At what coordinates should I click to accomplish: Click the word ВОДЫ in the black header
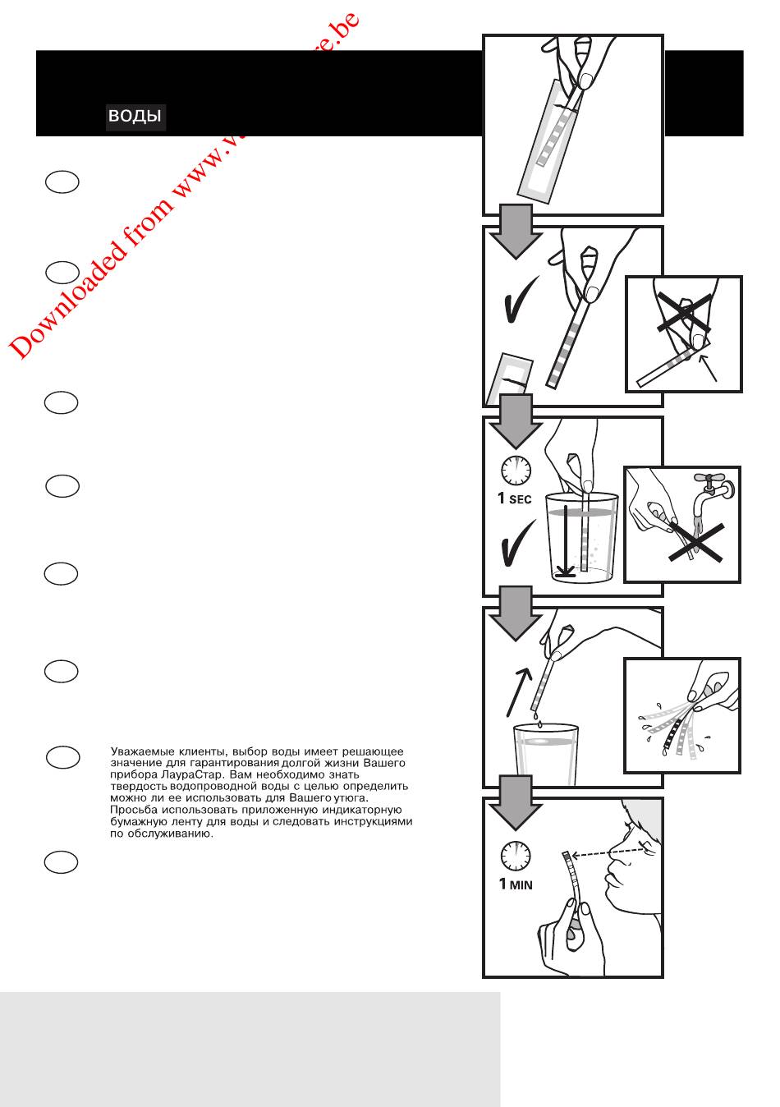click(x=135, y=116)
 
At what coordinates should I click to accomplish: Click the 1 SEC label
click(x=515, y=498)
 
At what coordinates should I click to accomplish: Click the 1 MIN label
click(x=516, y=884)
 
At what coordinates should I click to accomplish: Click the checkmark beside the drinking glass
click(x=517, y=542)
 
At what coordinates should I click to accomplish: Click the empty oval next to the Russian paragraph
click(x=62, y=756)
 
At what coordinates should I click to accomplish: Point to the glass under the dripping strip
click(x=548, y=751)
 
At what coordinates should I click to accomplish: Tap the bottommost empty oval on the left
click(x=62, y=861)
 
